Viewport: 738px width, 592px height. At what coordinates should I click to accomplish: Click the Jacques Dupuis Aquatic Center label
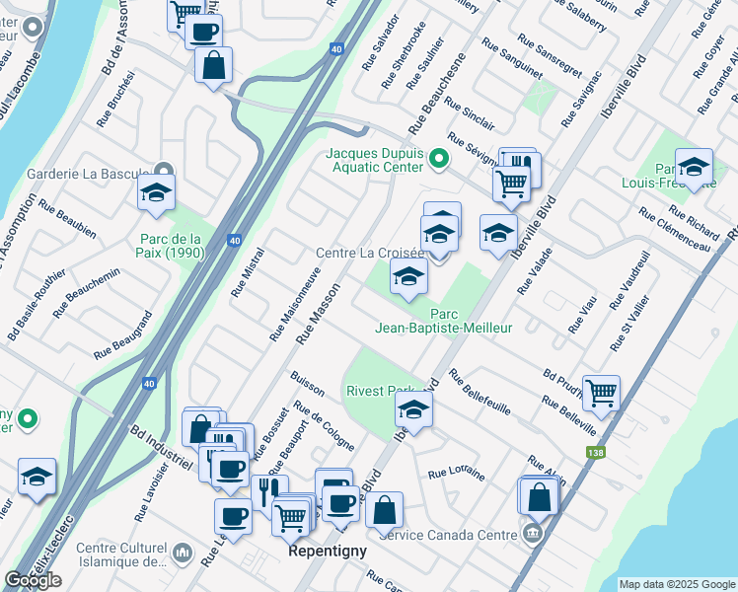pos(379,160)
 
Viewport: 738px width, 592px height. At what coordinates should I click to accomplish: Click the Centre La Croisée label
pos(369,254)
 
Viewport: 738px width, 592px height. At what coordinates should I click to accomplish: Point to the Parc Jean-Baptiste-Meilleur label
pos(443,321)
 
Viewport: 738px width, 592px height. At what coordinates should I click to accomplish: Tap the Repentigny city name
pos(328,553)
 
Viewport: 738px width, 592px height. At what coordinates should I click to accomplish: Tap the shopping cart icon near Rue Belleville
pos(601,393)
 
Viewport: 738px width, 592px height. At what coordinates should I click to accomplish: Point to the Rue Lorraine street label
pos(456,474)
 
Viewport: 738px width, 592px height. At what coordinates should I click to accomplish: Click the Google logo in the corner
pos(33,580)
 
